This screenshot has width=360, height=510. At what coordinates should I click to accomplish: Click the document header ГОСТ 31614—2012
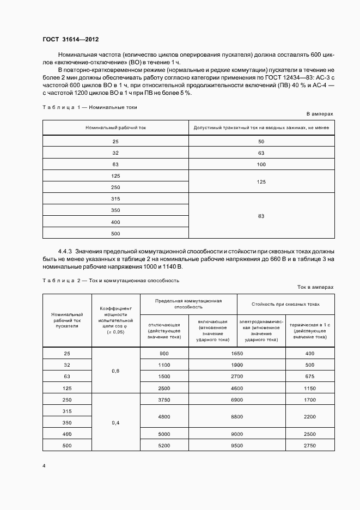[70, 40]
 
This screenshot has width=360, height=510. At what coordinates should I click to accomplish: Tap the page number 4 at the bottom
[44, 466]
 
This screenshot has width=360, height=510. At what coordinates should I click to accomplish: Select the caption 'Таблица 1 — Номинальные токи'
[90, 107]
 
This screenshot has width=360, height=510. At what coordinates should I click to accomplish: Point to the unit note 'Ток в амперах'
[315, 286]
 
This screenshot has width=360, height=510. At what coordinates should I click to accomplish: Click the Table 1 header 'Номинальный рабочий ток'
[115, 128]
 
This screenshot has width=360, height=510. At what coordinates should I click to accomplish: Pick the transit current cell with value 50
[261, 141]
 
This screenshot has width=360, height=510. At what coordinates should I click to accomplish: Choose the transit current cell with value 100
[261, 164]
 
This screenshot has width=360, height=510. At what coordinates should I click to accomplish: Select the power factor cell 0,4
[115, 422]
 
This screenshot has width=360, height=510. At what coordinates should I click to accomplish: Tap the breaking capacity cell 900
[164, 353]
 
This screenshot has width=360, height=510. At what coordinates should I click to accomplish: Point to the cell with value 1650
[236, 353]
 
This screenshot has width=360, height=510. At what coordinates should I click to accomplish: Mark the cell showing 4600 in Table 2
[236, 387]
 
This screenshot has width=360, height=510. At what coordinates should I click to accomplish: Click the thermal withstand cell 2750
[310, 445]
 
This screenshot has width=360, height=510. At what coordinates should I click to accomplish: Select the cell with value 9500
[236, 445]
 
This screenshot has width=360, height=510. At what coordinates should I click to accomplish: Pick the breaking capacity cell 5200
[164, 445]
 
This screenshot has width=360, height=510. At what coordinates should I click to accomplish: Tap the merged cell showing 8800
[236, 417]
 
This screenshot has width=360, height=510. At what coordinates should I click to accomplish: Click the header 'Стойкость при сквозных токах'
[285, 303]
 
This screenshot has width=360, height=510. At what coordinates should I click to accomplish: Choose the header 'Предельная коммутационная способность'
[188, 303]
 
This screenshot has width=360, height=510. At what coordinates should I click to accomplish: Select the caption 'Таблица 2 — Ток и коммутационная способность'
[111, 280]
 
